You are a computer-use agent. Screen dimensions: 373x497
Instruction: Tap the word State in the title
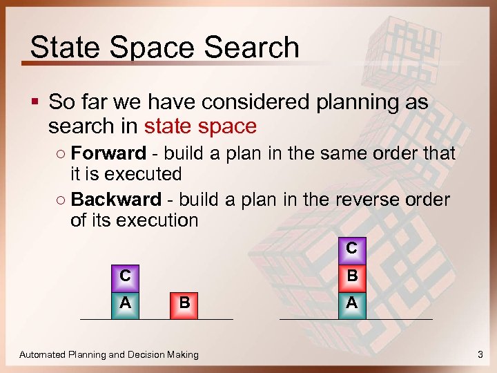pyautogui.click(x=61, y=48)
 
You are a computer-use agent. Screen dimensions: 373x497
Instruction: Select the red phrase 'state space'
pyautogui.click(x=200, y=126)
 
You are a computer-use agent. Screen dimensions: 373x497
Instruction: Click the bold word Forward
pyautogui.click(x=108, y=153)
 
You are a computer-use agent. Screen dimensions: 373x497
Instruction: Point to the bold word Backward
pyautogui.click(x=116, y=200)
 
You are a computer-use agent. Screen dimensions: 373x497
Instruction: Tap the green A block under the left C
pyautogui.click(x=125, y=303)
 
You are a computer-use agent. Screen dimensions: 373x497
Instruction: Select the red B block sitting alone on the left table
pyautogui.click(x=184, y=303)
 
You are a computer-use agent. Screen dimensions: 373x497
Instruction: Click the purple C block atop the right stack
pyautogui.click(x=351, y=247)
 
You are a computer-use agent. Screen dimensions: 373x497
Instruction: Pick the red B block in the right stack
pyautogui.click(x=351, y=276)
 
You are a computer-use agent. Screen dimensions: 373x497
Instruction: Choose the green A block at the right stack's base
pyautogui.click(x=351, y=303)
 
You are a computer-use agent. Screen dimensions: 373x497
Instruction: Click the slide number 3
pyautogui.click(x=480, y=354)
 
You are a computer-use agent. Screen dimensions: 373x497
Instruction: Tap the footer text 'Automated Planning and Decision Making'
pyautogui.click(x=109, y=354)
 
